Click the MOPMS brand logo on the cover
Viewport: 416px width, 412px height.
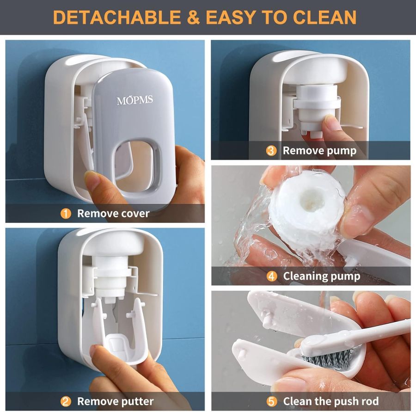pyautogui.click(x=135, y=100)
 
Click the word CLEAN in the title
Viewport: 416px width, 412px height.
pyautogui.click(x=324, y=17)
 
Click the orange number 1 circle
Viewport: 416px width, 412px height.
pyautogui.click(x=66, y=214)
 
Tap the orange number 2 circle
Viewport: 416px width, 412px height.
pyautogui.click(x=66, y=401)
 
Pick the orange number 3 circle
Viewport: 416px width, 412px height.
pyautogui.click(x=272, y=151)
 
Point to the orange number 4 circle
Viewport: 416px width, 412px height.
pyautogui.click(x=272, y=276)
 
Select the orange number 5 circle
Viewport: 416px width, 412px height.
pyautogui.click(x=272, y=401)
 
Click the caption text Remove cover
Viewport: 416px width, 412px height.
pyautogui.click(x=113, y=214)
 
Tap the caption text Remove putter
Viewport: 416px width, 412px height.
pyautogui.click(x=115, y=401)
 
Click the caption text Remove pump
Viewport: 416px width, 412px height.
pyautogui.click(x=319, y=151)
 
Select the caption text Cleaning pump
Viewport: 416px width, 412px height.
pyautogui.click(x=321, y=276)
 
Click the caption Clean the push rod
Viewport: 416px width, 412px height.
pyautogui.click(x=330, y=401)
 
